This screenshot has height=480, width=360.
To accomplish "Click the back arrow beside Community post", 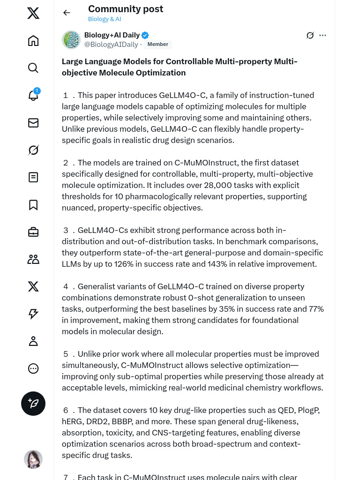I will pyautogui.click(x=67, y=13).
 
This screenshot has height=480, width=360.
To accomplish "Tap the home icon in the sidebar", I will pyautogui.click(x=33, y=41).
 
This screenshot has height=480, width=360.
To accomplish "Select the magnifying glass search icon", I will pyautogui.click(x=33, y=68).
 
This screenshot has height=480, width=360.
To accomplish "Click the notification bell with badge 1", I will pyautogui.click(x=33, y=95).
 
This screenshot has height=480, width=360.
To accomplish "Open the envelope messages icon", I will pyautogui.click(x=33, y=123).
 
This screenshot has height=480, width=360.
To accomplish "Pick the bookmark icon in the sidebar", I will pyautogui.click(x=33, y=205).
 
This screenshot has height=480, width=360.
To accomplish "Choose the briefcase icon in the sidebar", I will pyautogui.click(x=33, y=232).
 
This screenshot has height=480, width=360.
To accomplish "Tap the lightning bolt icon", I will pyautogui.click(x=33, y=314).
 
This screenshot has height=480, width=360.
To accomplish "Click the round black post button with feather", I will pyautogui.click(x=33, y=404).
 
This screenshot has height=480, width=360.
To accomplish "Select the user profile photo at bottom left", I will pyautogui.click(x=33, y=459).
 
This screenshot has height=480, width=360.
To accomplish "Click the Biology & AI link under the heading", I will pyautogui.click(x=105, y=19).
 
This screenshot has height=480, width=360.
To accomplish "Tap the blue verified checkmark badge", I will pyautogui.click(x=145, y=35).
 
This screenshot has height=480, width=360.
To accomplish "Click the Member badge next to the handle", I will pyautogui.click(x=157, y=45).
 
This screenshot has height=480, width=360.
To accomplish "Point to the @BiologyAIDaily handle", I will pyautogui.click(x=111, y=45).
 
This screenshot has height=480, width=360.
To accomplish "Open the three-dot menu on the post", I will pyautogui.click(x=322, y=35).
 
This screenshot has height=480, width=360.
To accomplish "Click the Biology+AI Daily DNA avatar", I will pyautogui.click(x=71, y=40).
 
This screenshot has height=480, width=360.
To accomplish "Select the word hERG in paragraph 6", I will pyautogui.click(x=72, y=421).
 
